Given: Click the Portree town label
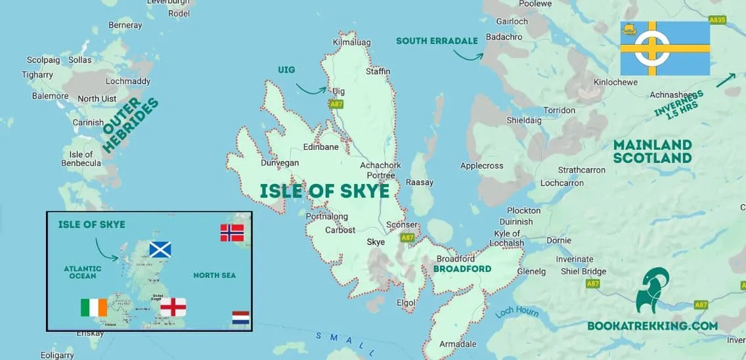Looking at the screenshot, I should [x=381, y=175].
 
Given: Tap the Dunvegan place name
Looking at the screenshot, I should [x=279, y=163].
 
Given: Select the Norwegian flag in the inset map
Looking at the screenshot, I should [x=232, y=233].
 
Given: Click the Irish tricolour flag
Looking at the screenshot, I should [x=94, y=307].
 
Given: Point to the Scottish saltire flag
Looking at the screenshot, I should [x=160, y=250].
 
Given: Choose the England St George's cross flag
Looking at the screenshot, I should [x=173, y=307].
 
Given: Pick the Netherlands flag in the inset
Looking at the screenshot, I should [x=241, y=319].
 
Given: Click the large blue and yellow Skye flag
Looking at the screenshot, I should [x=665, y=48].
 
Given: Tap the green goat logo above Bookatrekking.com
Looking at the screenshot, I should [x=653, y=290].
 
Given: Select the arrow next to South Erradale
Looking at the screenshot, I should [x=468, y=55].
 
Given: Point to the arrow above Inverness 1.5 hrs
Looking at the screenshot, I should [x=726, y=79].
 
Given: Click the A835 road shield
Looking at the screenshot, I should [x=717, y=20].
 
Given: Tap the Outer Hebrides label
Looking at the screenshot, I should [x=131, y=125].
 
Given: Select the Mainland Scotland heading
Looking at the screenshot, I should [x=652, y=151].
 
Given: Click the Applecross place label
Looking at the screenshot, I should [x=481, y=166].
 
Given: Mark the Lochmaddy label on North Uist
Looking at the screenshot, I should [x=128, y=81].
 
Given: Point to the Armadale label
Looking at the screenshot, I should [x=457, y=344].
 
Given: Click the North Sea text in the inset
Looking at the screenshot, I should [x=214, y=275].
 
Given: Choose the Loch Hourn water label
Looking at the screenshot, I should [x=517, y=309].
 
